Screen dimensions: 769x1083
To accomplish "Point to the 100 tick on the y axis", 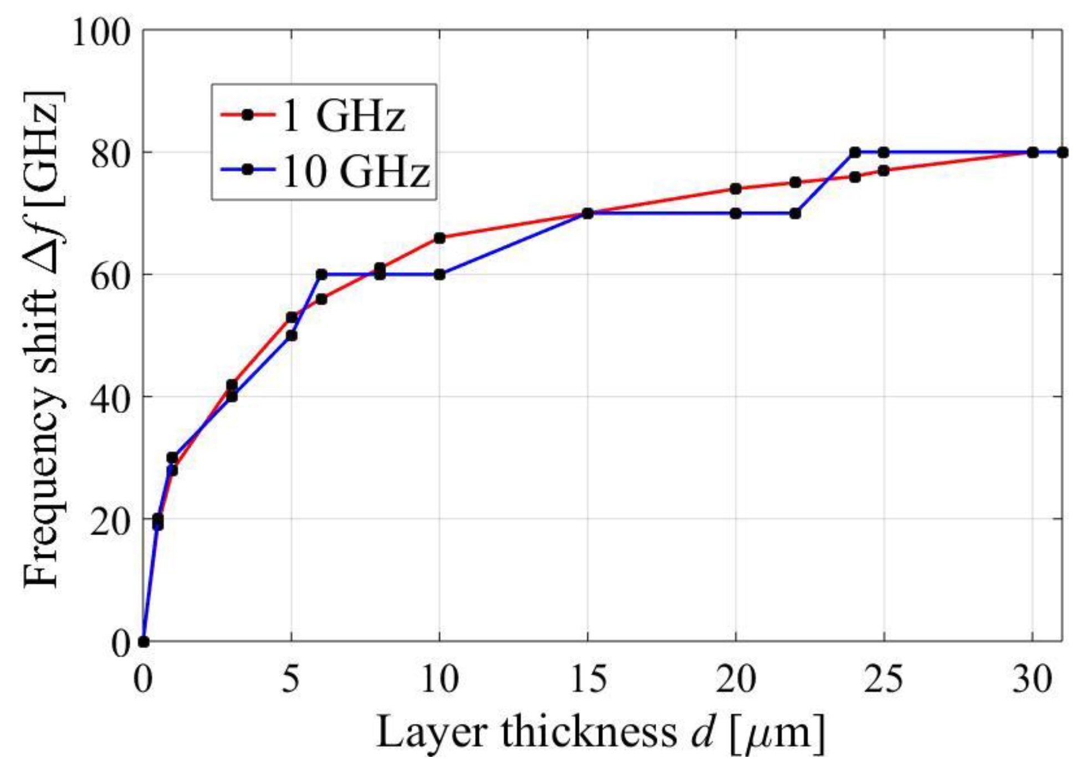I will tap(100, 32).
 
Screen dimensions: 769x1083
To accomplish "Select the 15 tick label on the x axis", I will tap(588, 680).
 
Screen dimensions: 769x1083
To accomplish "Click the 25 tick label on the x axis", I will tap(883, 680).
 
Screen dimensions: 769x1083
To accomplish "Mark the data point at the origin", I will tap(144, 641).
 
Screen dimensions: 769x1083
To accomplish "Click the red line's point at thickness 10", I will tap(440, 238).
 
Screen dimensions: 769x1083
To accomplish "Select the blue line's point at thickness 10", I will tap(440, 274).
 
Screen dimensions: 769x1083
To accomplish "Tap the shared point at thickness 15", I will tap(588, 213).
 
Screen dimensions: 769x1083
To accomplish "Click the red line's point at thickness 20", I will tap(735, 189).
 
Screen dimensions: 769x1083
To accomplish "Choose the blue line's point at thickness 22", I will tap(795, 213).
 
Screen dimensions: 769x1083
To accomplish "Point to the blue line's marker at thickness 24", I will tap(855, 152).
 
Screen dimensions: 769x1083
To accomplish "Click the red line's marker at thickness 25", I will tap(883, 171).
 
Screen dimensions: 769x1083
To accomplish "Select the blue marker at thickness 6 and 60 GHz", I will tap(321, 274).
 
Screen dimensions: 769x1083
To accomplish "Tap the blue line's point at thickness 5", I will tap(292, 336).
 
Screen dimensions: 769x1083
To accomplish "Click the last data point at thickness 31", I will tap(1062, 152).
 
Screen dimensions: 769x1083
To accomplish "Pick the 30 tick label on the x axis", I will tap(1032, 680).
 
